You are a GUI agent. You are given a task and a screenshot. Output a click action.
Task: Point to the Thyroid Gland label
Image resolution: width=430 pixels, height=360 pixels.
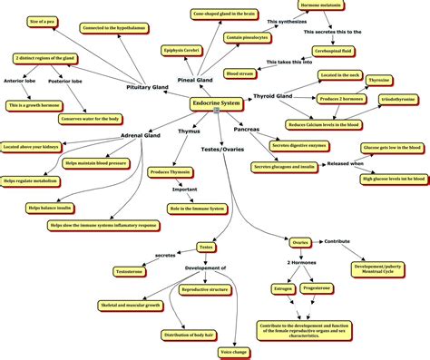(273, 95)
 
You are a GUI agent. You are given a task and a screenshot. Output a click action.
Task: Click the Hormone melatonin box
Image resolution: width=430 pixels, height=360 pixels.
(349, 5)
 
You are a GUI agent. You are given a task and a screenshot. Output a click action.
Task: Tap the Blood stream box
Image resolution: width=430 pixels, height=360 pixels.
(239, 72)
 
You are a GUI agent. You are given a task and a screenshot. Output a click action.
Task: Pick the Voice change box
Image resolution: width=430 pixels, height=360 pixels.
(235, 349)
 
